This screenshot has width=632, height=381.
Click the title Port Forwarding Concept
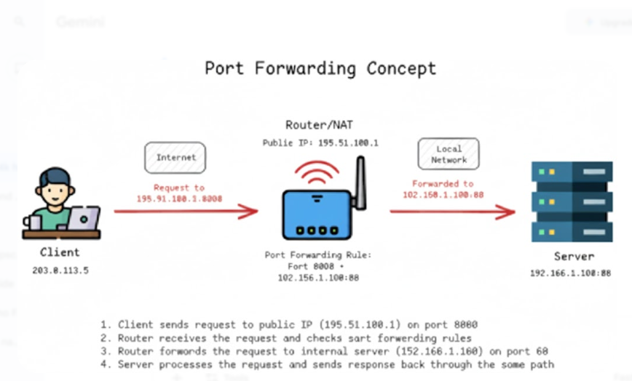click(x=320, y=68)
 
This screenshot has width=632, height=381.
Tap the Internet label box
click(x=175, y=157)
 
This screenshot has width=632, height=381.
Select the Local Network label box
click(x=449, y=154)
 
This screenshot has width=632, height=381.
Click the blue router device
click(x=318, y=214)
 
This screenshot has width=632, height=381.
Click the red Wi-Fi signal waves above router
click(x=317, y=173)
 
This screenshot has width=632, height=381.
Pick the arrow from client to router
click(x=186, y=212)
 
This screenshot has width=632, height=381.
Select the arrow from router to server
click(x=452, y=212)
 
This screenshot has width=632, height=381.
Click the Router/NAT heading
click(x=320, y=124)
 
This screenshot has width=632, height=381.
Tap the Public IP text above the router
click(x=320, y=143)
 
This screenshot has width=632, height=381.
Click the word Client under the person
click(x=60, y=253)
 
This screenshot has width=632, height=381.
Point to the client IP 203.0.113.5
click(x=60, y=270)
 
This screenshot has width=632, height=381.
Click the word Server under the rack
click(x=574, y=256)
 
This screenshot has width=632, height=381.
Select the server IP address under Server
click(x=570, y=273)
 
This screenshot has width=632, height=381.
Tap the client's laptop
click(x=83, y=219)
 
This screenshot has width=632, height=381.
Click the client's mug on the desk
click(x=31, y=222)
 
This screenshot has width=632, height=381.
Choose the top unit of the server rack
click(x=572, y=173)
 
